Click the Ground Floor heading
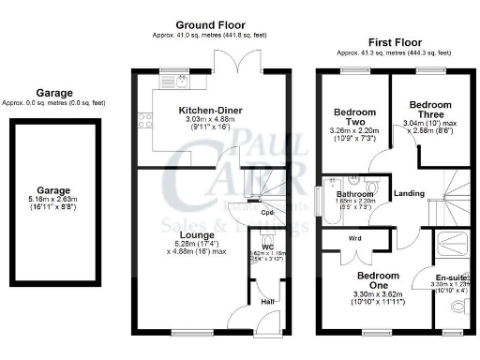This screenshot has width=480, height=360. tap(208, 23)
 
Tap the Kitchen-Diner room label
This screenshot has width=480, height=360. tap(211, 111)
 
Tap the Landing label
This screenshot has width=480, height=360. tap(410, 195)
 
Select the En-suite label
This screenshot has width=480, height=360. tap(451, 277)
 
